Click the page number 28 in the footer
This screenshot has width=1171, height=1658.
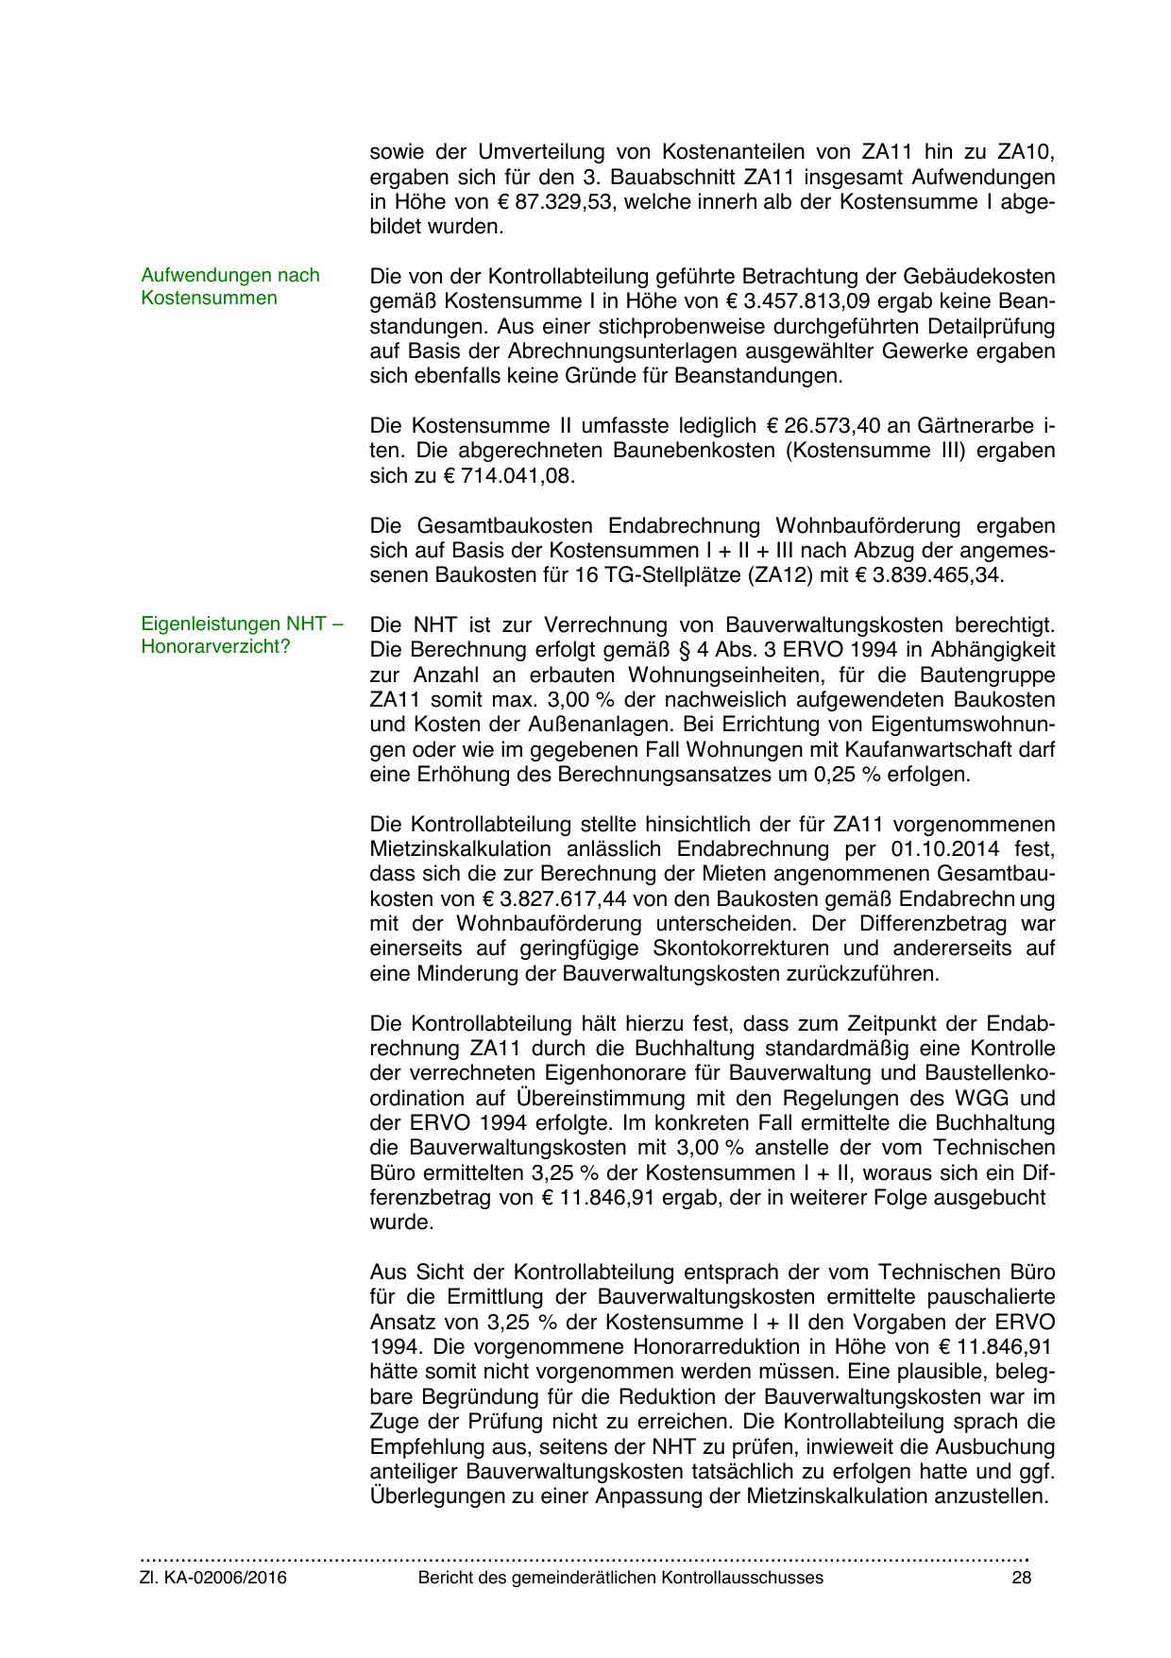pos(1021,1578)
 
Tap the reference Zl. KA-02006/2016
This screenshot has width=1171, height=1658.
pos(213,1578)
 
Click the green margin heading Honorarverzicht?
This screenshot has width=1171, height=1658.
pos(215,647)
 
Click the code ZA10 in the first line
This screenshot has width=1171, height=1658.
pos(1021,152)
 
